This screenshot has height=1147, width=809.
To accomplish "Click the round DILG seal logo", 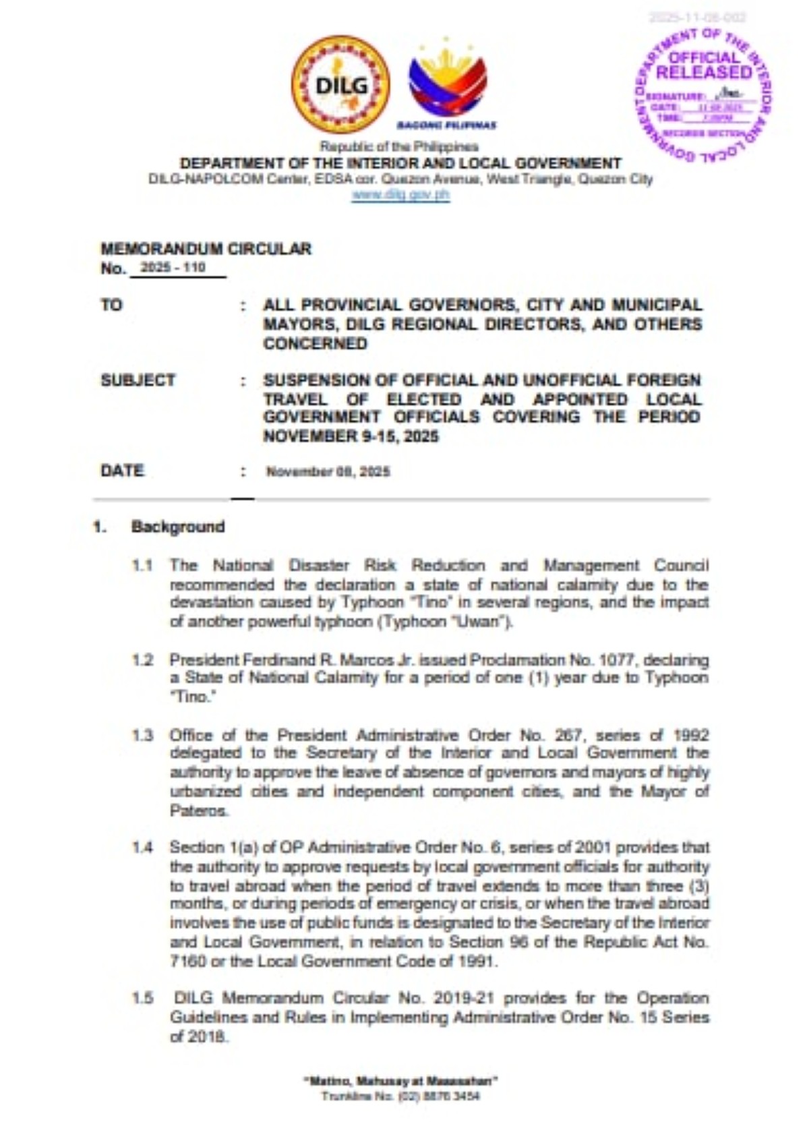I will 340,84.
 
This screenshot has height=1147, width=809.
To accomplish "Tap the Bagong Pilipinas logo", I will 447,83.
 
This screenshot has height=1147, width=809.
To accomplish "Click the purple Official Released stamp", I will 703,94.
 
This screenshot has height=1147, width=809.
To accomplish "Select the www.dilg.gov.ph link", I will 400,195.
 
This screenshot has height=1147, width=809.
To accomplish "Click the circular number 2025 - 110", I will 173,268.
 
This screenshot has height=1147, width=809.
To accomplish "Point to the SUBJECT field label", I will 138,380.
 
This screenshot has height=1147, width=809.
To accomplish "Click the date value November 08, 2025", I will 328,471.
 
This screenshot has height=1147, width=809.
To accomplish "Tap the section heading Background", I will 178,527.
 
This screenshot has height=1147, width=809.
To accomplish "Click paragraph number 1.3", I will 142,735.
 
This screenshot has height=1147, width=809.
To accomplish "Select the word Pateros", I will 199,811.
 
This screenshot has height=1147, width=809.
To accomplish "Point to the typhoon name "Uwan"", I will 483,622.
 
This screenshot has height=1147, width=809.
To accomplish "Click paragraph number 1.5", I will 142,998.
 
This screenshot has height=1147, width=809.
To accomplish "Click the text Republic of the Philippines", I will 399,146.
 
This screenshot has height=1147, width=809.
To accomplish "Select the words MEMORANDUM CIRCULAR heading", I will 206,249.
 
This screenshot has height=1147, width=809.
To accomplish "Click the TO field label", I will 112,305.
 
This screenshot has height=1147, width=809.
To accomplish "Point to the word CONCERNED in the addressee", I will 315,343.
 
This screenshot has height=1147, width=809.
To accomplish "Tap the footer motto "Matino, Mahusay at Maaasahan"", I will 400,1081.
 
